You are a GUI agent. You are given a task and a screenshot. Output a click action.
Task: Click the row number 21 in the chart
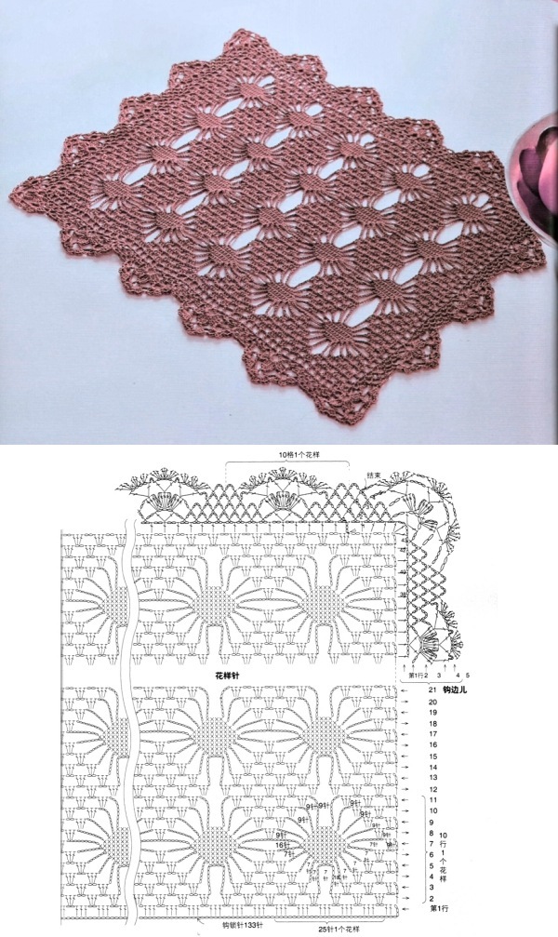coord(432,689)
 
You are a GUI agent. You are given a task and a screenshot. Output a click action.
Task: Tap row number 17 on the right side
coord(432,734)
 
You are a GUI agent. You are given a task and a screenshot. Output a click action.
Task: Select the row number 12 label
coord(432,789)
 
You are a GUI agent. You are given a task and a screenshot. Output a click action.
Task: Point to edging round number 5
coord(468,675)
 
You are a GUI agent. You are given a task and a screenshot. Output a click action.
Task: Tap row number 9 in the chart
coord(432,823)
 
